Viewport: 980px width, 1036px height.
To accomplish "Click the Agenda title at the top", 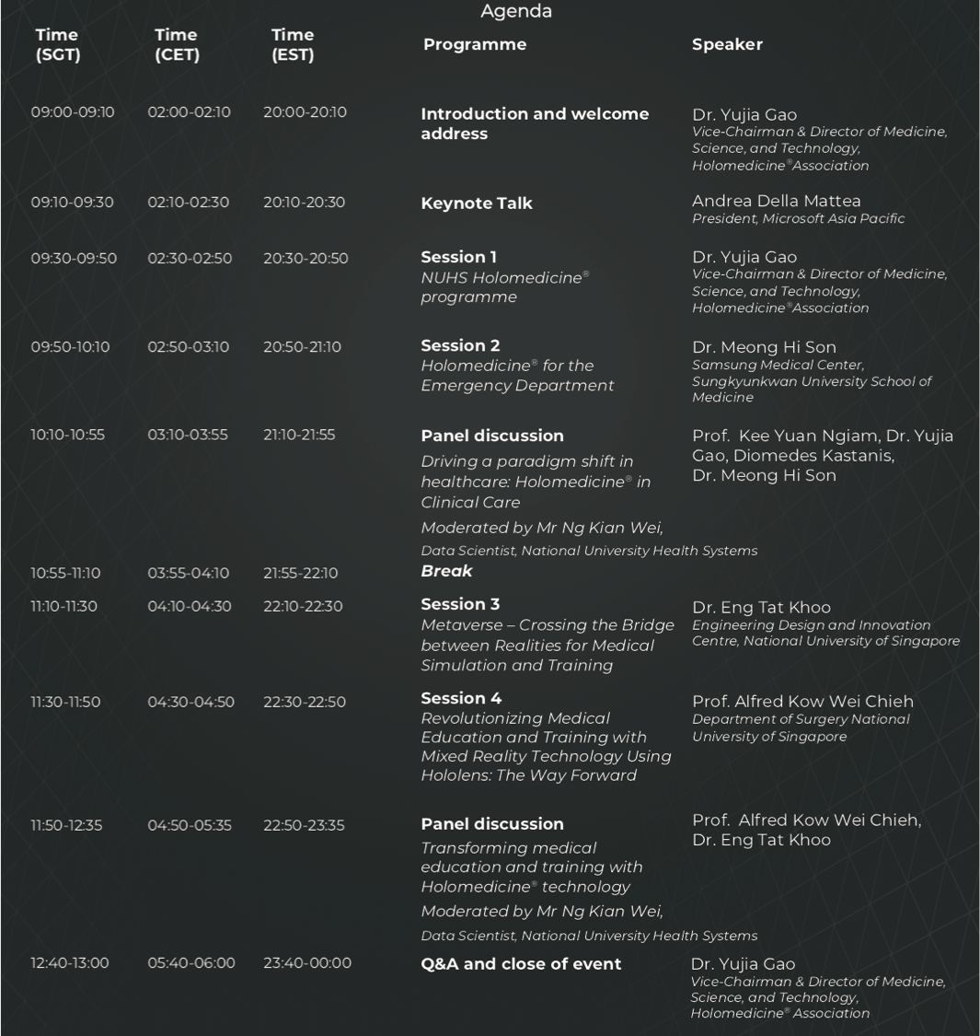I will point(516,12).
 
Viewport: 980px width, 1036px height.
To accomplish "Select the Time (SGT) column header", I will point(58,45).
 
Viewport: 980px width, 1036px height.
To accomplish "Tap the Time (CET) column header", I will point(177,45).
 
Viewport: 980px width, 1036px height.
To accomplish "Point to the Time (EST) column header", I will point(293,45).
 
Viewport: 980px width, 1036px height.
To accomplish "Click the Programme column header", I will point(475,44).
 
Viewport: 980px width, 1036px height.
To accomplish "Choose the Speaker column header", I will point(727,44).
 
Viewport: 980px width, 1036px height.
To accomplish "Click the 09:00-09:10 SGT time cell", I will point(73,112).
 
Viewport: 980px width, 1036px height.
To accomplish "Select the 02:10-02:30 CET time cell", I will point(189,203).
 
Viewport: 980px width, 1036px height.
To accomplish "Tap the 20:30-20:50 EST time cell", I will point(306,259).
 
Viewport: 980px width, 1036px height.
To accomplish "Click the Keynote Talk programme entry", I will point(477,204).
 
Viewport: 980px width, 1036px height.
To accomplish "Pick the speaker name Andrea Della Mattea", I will point(777,201).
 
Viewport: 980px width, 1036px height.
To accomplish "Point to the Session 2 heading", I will point(460,345).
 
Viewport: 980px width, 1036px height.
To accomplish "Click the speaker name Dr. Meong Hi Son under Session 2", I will point(764,347).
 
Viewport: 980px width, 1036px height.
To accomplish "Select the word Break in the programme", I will point(446,571).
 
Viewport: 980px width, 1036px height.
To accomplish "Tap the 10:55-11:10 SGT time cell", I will point(65,573).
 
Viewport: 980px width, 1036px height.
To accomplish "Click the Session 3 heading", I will point(460,604).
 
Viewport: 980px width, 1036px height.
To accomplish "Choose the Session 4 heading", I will point(461,698).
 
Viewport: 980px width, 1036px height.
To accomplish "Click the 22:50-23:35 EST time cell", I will point(304,826).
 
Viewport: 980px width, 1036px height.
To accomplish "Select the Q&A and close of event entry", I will point(521,964).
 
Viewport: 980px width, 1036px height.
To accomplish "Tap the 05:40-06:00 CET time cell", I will point(191,963).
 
